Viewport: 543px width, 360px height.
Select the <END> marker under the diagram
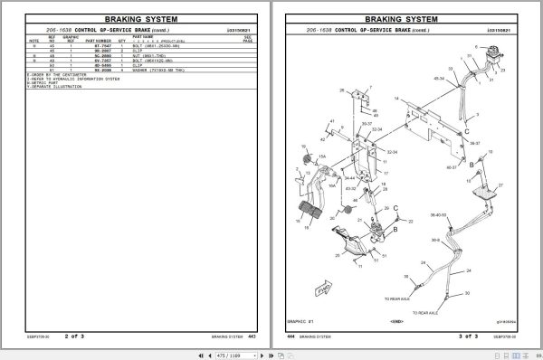click(395, 320)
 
